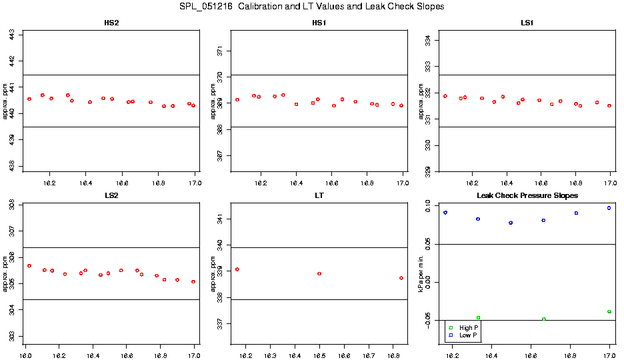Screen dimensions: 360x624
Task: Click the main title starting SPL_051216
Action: pyautogui.click(x=312, y=7)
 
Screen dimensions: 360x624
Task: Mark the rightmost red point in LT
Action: pyautogui.click(x=401, y=278)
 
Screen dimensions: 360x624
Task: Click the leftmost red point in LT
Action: pyautogui.click(x=237, y=269)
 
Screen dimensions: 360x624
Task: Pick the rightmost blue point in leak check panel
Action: pyautogui.click(x=609, y=208)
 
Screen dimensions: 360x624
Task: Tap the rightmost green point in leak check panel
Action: pyautogui.click(x=609, y=311)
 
